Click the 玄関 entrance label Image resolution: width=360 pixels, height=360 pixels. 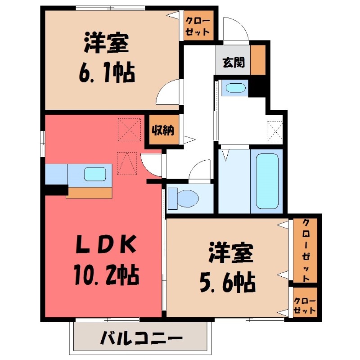(x=233, y=63)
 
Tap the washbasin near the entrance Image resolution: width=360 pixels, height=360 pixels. (x=234, y=88)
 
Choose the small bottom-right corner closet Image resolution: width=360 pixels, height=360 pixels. (x=304, y=305)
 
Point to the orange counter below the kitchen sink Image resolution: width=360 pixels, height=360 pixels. (x=89, y=192)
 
